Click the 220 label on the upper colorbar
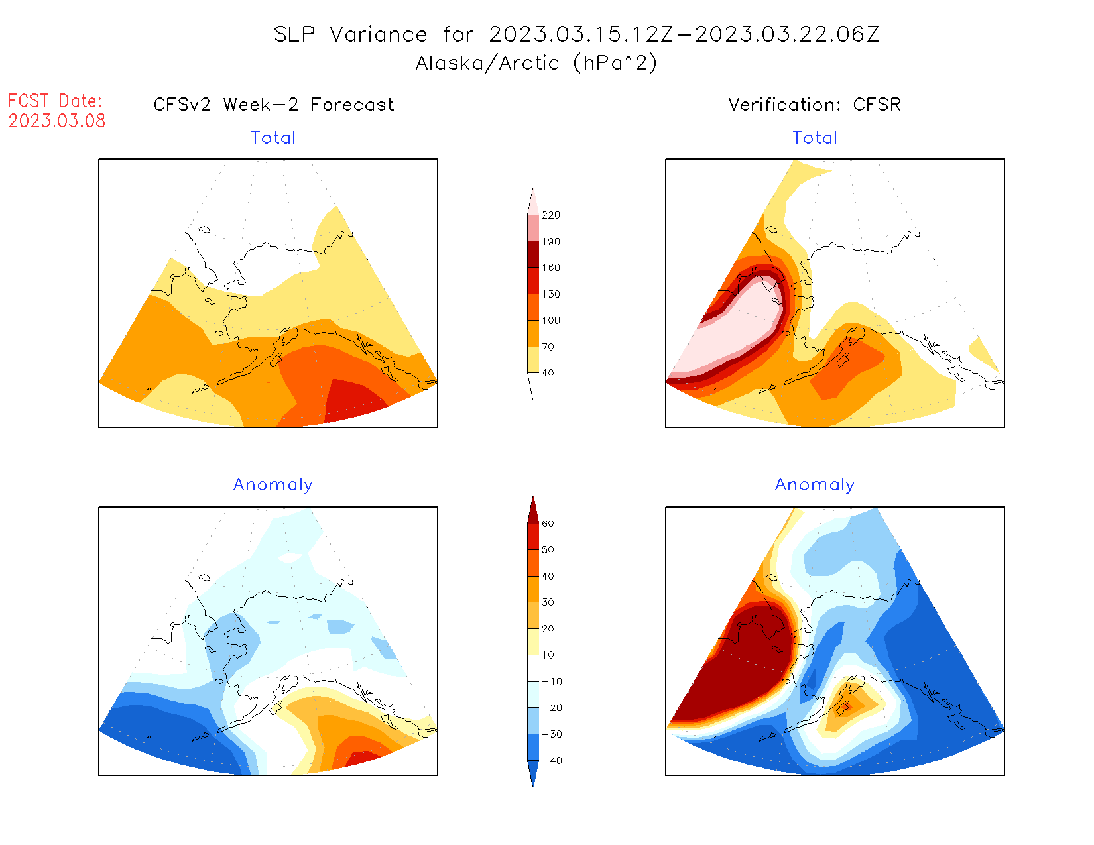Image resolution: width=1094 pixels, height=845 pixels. coord(550,215)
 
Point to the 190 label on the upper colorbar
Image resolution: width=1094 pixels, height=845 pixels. coord(550,242)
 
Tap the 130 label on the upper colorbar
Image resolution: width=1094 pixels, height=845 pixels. coord(550,294)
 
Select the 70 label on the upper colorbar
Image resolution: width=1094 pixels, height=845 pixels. coord(548,347)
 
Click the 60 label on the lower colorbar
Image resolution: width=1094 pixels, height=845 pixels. coord(548,524)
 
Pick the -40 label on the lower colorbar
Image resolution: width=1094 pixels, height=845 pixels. coord(551,761)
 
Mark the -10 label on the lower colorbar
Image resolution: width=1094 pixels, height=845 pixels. coord(551,681)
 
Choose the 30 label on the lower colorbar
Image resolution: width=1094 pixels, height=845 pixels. coord(548,602)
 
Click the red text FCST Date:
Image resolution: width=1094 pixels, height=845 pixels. coord(55,101)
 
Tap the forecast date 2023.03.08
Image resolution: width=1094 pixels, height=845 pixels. coord(57,121)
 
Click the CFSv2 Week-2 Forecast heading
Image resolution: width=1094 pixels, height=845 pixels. coord(274,105)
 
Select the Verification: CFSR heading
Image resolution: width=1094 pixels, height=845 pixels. coord(815,105)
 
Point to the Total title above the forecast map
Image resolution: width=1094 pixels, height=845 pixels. coord(273,138)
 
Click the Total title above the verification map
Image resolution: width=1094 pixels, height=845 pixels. coord(815,138)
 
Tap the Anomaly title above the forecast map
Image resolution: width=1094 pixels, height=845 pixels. coord(273,485)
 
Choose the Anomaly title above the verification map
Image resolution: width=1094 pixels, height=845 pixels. coord(815,485)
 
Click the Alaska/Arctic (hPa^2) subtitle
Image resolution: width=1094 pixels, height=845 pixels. coord(536,63)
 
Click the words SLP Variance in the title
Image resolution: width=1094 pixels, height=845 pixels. coord(351,34)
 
